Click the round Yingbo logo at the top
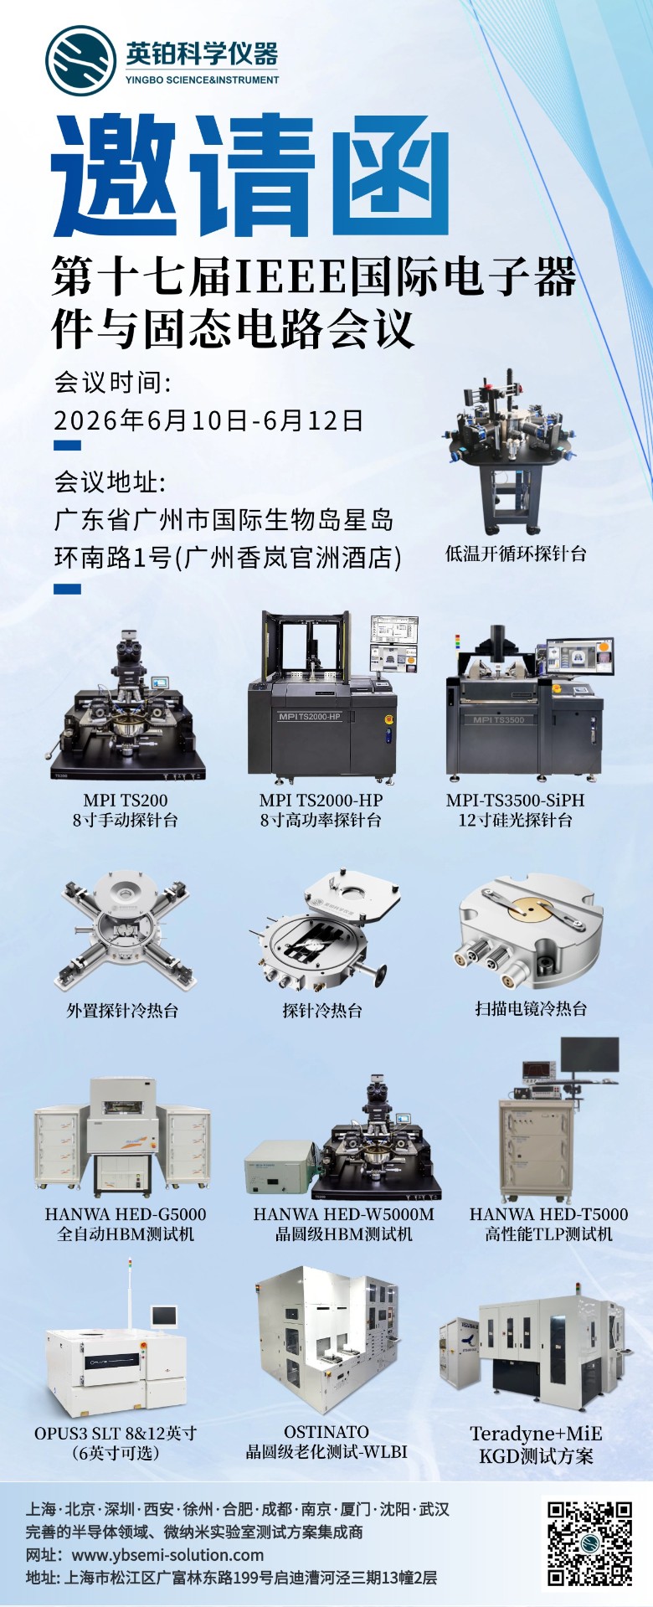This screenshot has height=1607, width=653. (80, 60)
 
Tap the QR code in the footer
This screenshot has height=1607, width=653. (589, 1543)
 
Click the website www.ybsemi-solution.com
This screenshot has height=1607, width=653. (167, 1555)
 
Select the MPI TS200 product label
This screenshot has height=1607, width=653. (126, 800)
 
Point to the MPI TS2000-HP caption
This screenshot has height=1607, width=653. (321, 800)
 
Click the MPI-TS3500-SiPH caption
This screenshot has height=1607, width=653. (516, 800)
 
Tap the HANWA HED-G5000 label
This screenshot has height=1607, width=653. (126, 1214)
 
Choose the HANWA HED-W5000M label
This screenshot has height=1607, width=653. (344, 1214)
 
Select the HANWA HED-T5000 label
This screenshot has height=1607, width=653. (549, 1214)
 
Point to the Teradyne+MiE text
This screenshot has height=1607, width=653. (536, 1434)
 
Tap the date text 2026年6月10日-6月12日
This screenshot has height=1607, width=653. (209, 420)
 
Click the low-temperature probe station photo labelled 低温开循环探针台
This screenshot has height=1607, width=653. (511, 453)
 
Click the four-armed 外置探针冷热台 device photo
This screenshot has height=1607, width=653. (126, 929)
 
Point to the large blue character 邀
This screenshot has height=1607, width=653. (115, 175)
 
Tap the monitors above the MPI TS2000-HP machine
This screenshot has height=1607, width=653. (393, 642)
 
